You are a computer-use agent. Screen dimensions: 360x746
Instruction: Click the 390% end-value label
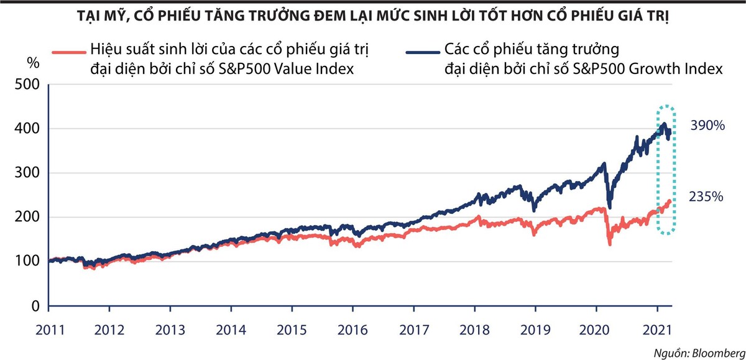(707, 126)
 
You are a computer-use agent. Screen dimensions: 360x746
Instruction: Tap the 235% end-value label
(706, 197)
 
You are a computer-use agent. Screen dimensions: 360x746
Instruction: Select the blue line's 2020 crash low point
(609, 208)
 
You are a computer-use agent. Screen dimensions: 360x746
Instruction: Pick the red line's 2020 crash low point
(609, 245)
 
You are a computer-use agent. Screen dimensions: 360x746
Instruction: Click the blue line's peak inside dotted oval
(665, 124)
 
